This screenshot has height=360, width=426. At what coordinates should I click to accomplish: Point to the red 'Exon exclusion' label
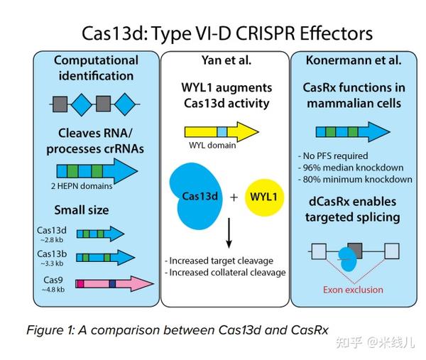tap(353, 289)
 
